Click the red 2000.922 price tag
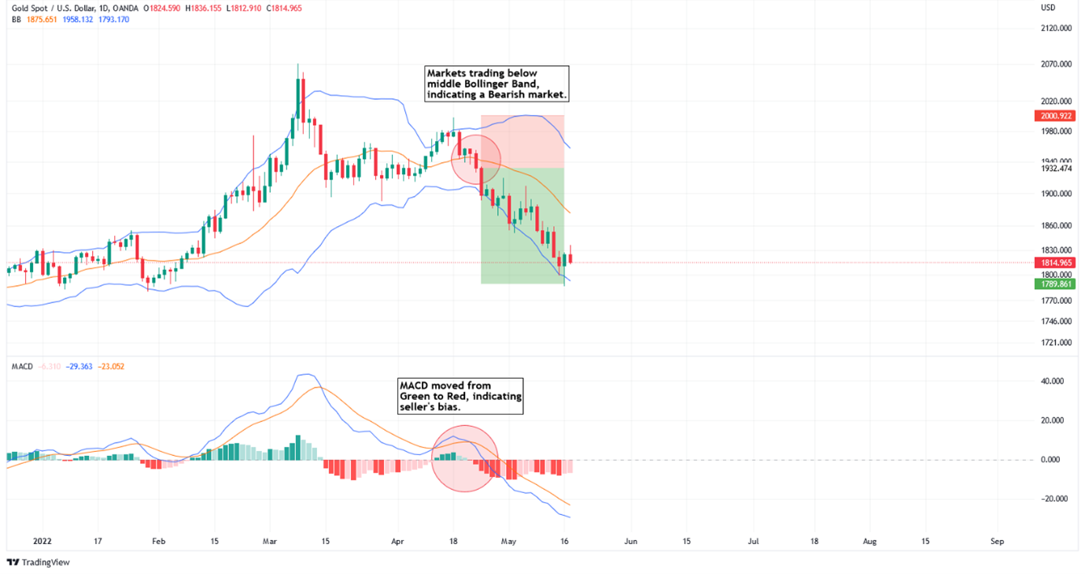pos(1055,116)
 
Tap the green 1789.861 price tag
pos(1055,283)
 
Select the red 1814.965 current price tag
pos(1055,262)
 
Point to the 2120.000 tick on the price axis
pos(1055,28)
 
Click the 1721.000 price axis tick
pos(1055,343)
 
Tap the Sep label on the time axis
pos(997,542)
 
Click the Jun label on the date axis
pos(629,542)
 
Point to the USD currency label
pos(1047,7)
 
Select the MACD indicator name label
pos(22,366)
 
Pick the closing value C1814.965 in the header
pos(287,8)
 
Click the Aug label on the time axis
pos(869,542)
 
